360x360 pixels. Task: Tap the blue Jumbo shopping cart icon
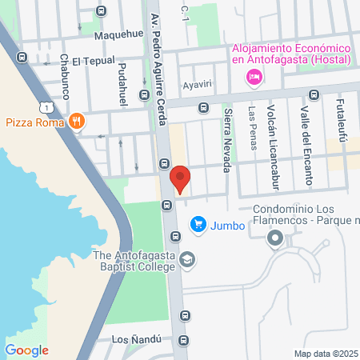click(x=197, y=225)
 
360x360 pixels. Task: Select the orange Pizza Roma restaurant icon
click(x=77, y=122)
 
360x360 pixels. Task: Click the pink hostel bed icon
click(x=254, y=77)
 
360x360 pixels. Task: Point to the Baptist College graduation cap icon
click(x=186, y=260)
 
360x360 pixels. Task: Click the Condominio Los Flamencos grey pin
click(x=276, y=238)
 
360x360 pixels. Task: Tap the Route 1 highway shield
click(x=50, y=106)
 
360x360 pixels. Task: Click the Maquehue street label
click(x=118, y=34)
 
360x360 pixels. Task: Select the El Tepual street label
click(x=94, y=61)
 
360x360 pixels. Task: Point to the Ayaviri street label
click(x=197, y=83)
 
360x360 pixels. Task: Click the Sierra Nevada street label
click(x=226, y=139)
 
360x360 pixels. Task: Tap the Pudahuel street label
click(x=122, y=87)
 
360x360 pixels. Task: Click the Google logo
click(x=27, y=350)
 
